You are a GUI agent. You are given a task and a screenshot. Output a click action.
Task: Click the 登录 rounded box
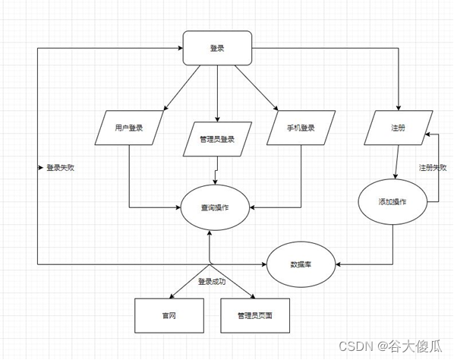click(217, 49)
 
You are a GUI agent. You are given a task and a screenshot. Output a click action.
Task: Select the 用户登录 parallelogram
click(128, 128)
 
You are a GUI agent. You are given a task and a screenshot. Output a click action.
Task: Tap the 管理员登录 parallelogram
click(217, 139)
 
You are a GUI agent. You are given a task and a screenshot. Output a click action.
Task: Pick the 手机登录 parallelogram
click(302, 128)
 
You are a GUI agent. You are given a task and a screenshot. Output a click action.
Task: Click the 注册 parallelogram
click(398, 128)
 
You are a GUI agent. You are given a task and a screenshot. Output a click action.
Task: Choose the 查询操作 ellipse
click(215, 207)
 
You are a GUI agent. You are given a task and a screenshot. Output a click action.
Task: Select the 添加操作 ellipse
click(392, 202)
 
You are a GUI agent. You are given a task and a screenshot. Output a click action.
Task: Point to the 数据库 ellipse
click(301, 264)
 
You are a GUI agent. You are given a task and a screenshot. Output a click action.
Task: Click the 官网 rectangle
click(169, 314)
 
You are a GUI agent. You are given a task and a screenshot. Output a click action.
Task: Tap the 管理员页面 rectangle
click(254, 314)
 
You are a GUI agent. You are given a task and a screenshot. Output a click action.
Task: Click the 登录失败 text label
click(61, 167)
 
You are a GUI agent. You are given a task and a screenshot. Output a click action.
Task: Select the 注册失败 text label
click(432, 167)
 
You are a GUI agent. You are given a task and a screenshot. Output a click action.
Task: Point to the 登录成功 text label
click(212, 281)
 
